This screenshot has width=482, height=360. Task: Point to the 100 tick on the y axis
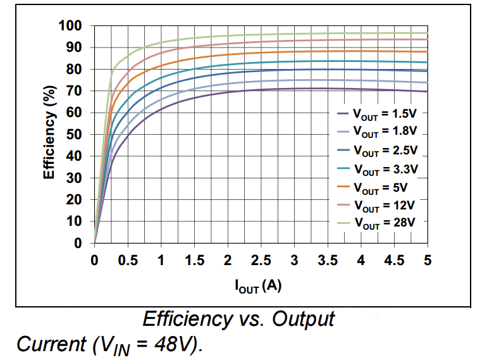coord(71,26)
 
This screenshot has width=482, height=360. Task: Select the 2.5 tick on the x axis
coord(261,260)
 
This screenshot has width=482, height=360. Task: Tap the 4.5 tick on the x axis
coord(394,260)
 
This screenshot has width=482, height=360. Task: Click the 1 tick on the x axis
coord(161,260)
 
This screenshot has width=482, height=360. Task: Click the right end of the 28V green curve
coord(428,33)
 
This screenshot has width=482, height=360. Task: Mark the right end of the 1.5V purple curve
coord(428,91)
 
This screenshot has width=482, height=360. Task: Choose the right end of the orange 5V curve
coord(428,52)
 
